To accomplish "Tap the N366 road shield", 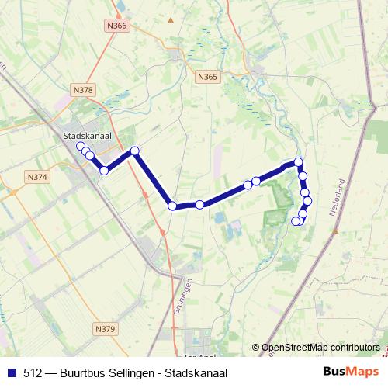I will (x=118, y=26).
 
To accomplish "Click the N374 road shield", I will (x=36, y=177).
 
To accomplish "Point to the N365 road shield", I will (x=207, y=77).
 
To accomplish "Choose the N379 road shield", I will (x=106, y=329).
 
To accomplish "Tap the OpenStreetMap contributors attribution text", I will (x=320, y=347).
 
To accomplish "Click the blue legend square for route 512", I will (x=11, y=372).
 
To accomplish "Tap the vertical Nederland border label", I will (x=338, y=200).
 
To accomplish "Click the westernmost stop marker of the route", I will (x=80, y=145).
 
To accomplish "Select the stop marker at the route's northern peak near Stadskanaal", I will (x=135, y=151).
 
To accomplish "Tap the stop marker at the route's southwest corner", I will (x=172, y=206).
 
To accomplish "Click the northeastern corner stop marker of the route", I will (x=298, y=162).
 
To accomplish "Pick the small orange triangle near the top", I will (x=171, y=18).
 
